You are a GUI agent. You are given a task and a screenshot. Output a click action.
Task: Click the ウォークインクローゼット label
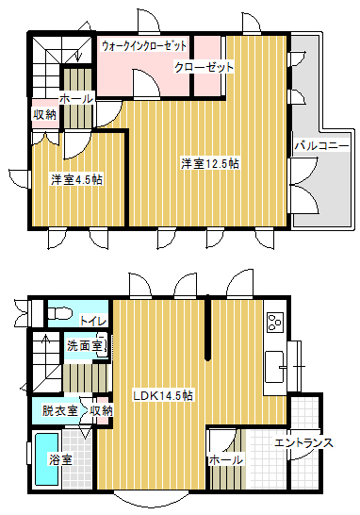point(144,45)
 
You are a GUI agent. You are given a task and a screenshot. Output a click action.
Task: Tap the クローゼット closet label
point(204,67)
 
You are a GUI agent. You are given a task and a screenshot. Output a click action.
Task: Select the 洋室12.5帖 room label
point(210,163)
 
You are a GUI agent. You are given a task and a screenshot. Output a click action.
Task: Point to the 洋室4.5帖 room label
point(76,179)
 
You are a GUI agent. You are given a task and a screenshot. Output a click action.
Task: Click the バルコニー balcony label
point(321,145)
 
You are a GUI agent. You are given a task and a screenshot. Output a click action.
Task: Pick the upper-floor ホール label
point(76,98)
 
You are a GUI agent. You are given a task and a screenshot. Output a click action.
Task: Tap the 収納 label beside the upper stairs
point(44,115)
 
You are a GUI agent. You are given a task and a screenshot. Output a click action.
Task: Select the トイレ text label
point(93,321)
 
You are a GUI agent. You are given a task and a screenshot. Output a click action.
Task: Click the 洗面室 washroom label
point(84,345)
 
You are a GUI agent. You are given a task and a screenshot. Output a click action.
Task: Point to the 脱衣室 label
point(59,410)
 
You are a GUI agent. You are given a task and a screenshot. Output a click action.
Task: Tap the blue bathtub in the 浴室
point(47,459)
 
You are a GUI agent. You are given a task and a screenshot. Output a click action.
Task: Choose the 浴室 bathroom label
point(60,460)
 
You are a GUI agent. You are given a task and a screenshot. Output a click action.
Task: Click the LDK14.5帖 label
point(163,395)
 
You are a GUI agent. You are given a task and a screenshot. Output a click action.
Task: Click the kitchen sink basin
point(274,367)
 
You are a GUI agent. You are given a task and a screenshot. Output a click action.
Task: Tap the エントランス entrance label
point(303,442)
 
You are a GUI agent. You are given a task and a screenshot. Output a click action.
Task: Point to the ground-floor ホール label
point(226,460)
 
